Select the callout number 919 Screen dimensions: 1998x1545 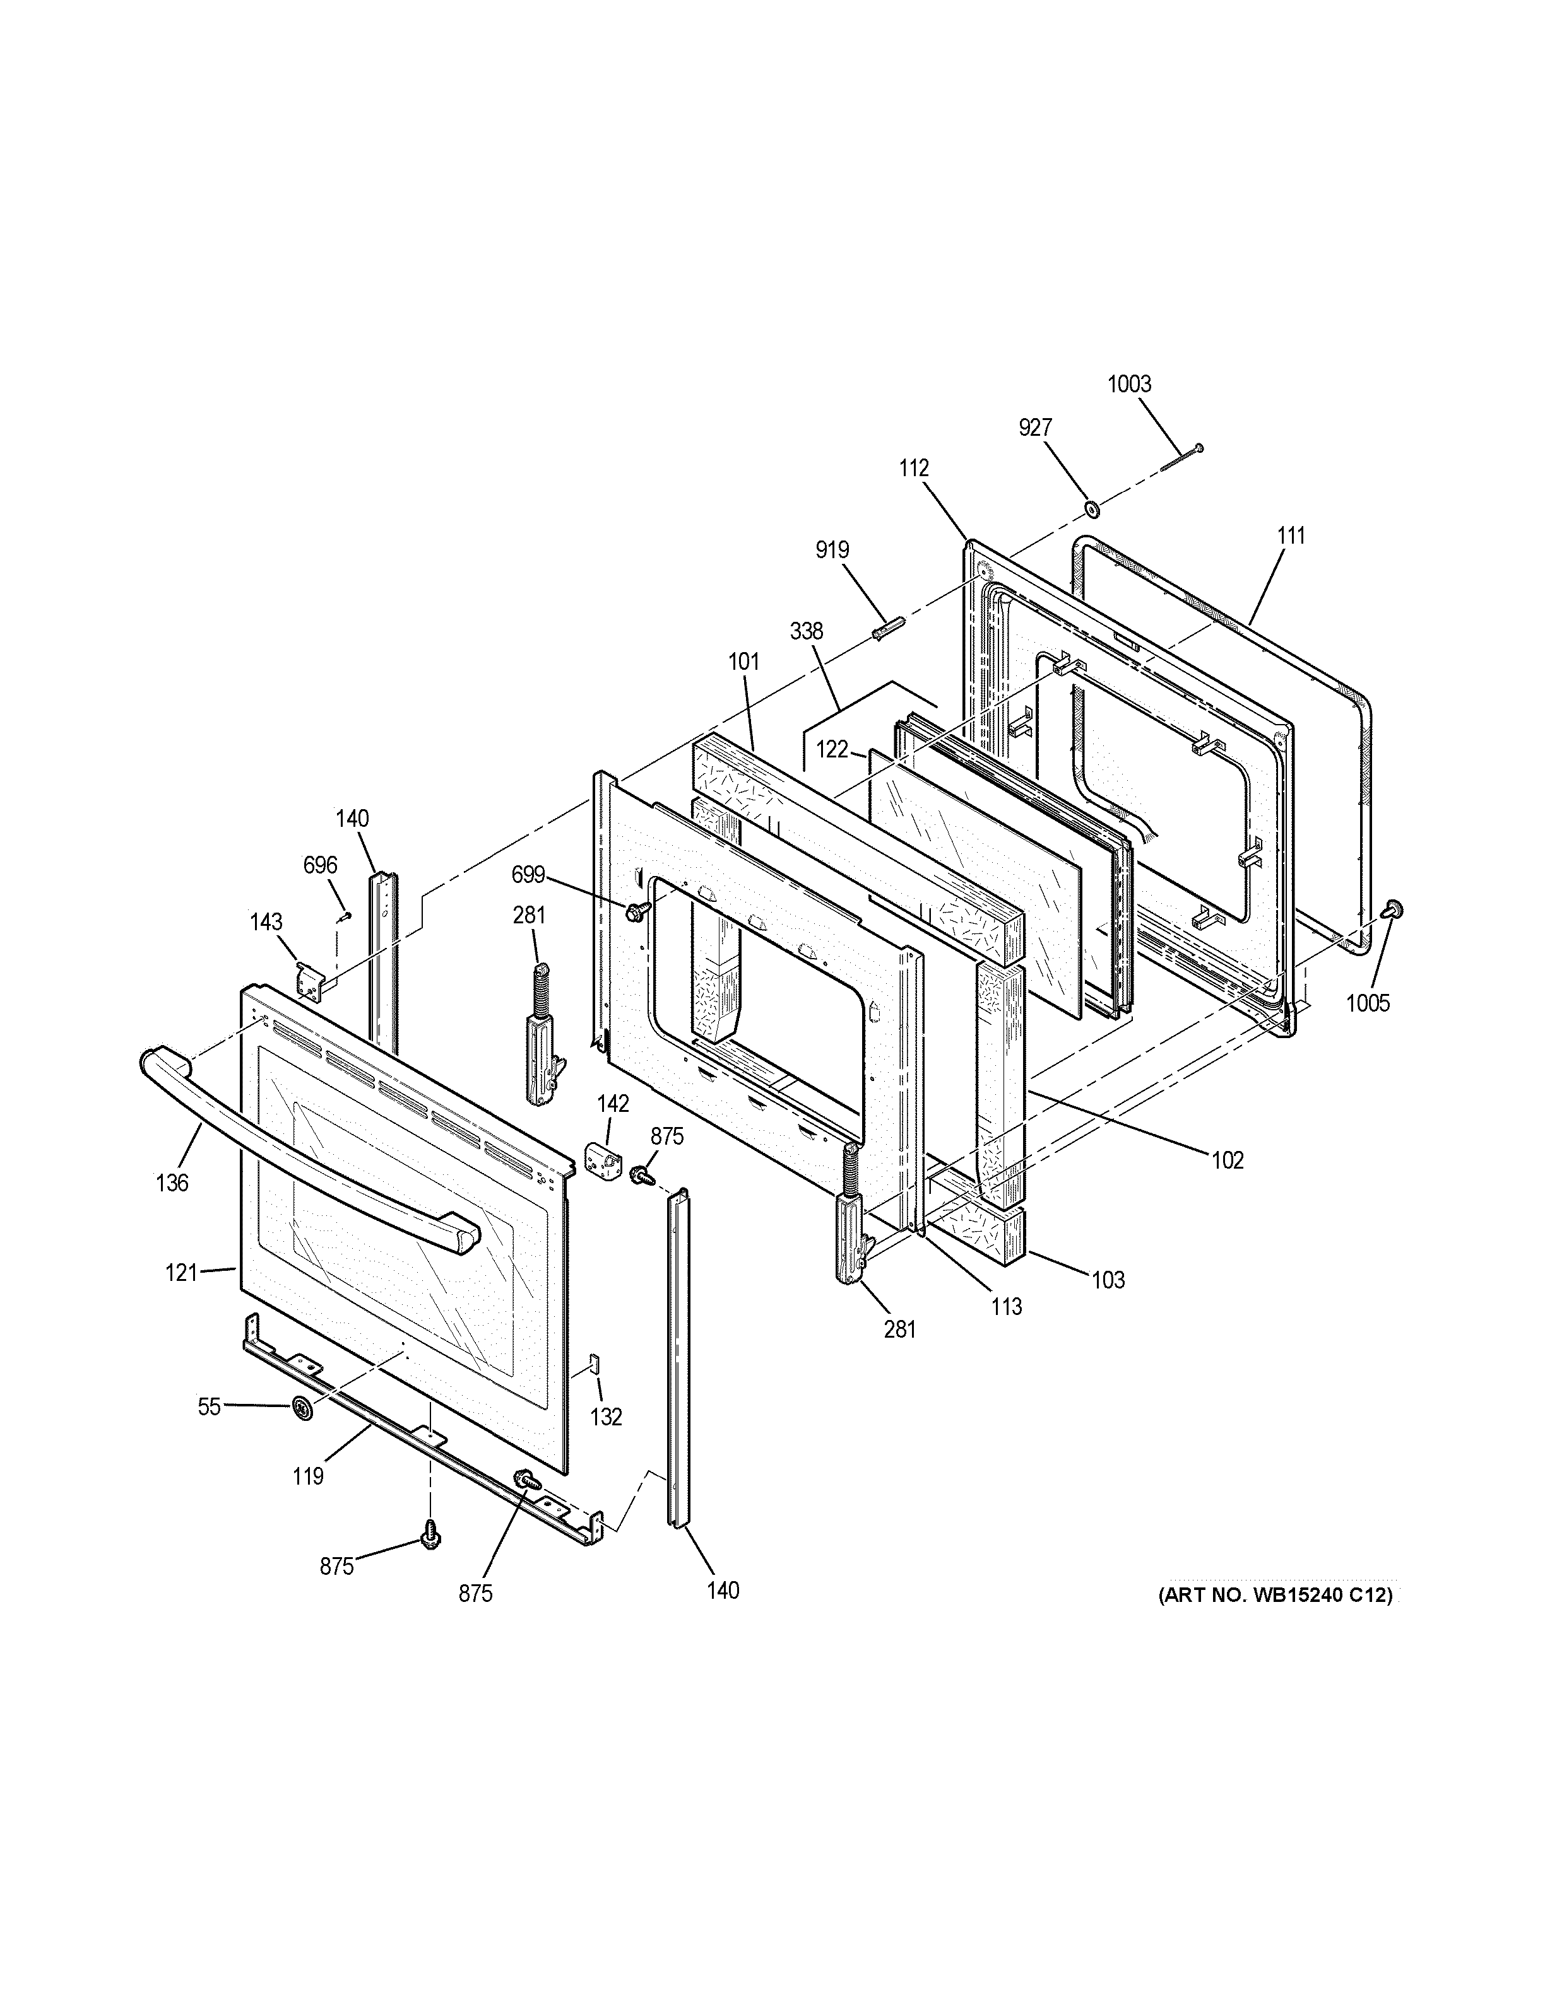pos(832,550)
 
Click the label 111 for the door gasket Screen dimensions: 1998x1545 pos(1291,536)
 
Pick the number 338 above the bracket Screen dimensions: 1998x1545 pos(807,631)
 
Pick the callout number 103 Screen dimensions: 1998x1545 pos(1108,1280)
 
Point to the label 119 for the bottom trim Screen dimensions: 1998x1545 pos(309,1476)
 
